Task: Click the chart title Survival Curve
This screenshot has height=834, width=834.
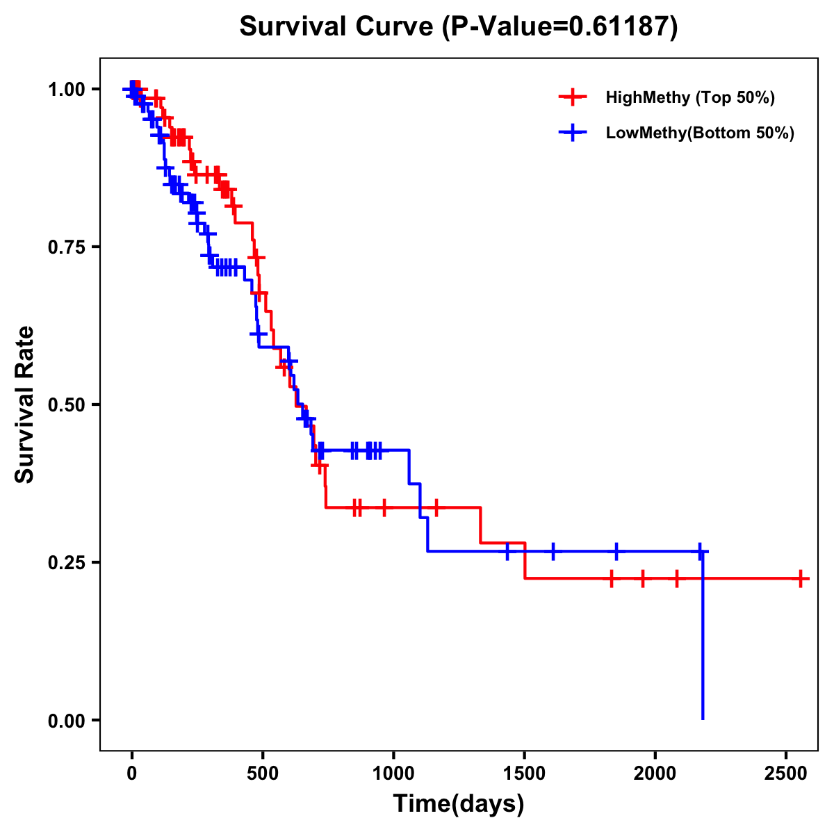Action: (x=458, y=27)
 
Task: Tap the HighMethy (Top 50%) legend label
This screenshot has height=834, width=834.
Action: (x=689, y=97)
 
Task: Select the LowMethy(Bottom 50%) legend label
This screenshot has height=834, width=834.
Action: (x=700, y=133)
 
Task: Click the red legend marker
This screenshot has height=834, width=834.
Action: (x=573, y=97)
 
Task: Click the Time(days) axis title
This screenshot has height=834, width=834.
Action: (x=459, y=804)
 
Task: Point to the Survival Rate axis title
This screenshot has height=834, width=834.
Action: (x=25, y=404)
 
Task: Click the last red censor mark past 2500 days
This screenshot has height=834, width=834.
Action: (x=801, y=578)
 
